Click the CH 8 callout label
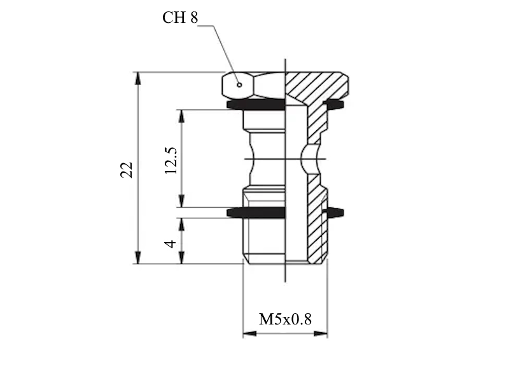pos(180,18)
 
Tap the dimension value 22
pos(127,170)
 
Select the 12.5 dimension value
pos(171,161)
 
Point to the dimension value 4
pos(170,244)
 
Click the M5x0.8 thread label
pos(285,319)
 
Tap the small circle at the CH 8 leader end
pos(239,85)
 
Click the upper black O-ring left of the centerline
pos(256,105)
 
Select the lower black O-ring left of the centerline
pos(256,213)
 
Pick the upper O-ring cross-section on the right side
pos(333,104)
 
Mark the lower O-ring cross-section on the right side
pos(335,213)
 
